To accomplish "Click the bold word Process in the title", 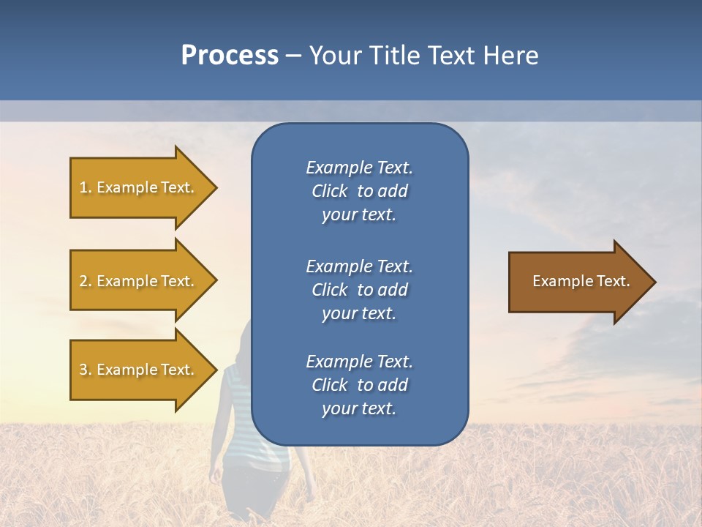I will click(x=230, y=55).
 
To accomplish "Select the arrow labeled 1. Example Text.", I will click(x=139, y=187).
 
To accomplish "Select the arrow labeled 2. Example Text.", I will click(x=139, y=281).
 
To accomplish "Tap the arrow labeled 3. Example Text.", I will click(x=139, y=370).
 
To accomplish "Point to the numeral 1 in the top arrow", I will click(x=83, y=187).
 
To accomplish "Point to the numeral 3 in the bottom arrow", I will click(x=83, y=370).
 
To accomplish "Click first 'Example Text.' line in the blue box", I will click(x=359, y=168).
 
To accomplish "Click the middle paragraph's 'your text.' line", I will click(x=359, y=313).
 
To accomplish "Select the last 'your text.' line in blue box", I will click(x=359, y=408).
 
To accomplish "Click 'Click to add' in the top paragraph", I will click(x=359, y=191).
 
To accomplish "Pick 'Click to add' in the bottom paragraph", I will click(x=359, y=385).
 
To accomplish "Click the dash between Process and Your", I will click(x=293, y=56).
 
